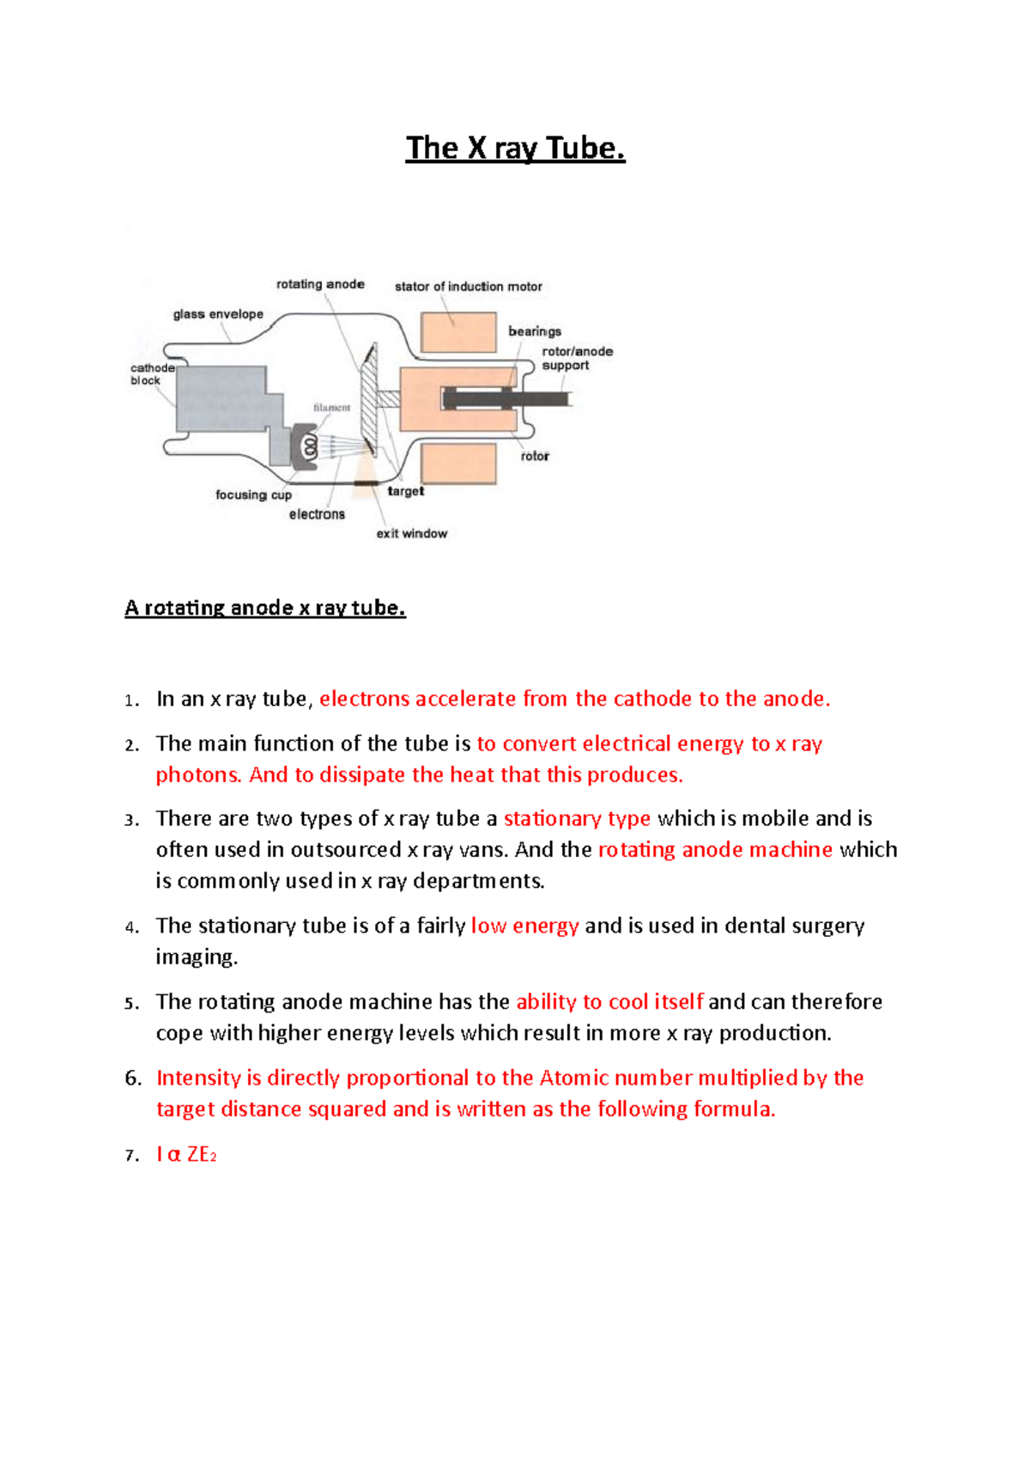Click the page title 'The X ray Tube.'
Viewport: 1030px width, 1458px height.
pos(515,148)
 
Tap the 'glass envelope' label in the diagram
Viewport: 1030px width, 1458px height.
pos(218,314)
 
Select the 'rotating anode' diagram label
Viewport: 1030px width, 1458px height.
pos(320,284)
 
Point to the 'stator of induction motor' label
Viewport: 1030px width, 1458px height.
pos(468,287)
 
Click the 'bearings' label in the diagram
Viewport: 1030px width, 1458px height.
pos(534,331)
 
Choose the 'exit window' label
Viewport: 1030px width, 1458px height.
pos(411,533)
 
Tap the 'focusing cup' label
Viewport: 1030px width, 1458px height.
pos(253,495)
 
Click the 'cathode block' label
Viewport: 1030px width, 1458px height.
pos(152,374)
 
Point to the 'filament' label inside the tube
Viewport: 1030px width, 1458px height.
pos(331,408)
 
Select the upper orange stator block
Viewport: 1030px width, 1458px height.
pos(458,332)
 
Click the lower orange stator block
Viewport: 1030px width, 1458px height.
pos(458,465)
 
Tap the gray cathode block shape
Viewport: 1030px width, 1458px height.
pos(223,399)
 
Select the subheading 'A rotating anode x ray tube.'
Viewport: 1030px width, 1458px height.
pos(264,608)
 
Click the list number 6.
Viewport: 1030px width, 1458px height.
pos(133,1078)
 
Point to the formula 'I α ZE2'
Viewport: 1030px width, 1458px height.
pos(185,1155)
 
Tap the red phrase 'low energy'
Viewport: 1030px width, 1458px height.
pos(524,926)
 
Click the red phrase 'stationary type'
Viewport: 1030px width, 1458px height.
pos(577,818)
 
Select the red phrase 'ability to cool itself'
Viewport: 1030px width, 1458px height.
pos(609,1002)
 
